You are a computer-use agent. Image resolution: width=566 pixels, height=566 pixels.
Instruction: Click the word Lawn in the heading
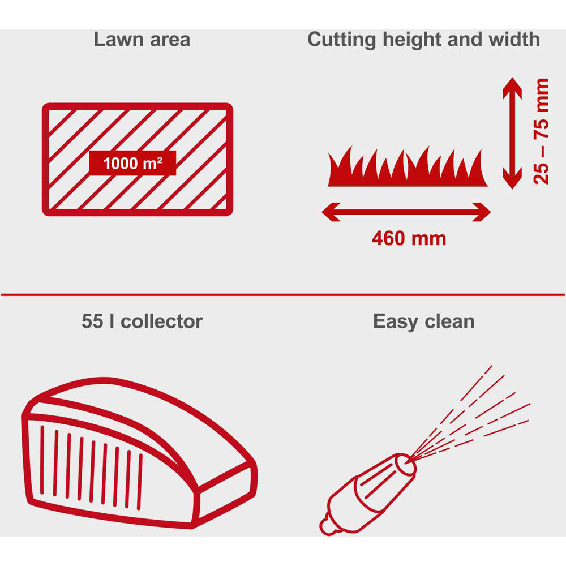click(x=118, y=40)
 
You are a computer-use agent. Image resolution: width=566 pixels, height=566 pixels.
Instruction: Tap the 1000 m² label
click(x=132, y=163)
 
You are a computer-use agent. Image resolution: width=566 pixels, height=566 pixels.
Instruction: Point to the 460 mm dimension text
click(x=409, y=239)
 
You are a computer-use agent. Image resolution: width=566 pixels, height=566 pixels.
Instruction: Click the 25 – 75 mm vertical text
click(x=541, y=131)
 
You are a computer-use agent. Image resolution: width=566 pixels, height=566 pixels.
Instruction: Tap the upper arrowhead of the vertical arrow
click(x=512, y=88)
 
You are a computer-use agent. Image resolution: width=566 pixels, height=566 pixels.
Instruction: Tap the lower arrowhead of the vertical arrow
click(x=512, y=178)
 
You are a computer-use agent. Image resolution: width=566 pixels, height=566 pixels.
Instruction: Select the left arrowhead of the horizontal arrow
click(x=331, y=212)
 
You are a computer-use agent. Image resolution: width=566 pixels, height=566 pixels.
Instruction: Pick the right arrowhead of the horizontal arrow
click(x=481, y=212)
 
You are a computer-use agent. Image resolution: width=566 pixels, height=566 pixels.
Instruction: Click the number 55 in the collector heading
click(x=92, y=321)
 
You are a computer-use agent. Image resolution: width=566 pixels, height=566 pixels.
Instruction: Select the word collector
click(x=162, y=321)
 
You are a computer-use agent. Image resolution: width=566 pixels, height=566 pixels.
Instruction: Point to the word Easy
click(x=395, y=322)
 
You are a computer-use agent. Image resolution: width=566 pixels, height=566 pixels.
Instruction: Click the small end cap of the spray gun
click(x=328, y=526)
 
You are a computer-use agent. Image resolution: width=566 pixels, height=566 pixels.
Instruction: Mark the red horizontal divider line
click(x=283, y=294)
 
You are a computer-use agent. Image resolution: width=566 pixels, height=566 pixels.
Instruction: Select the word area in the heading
click(x=170, y=40)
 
